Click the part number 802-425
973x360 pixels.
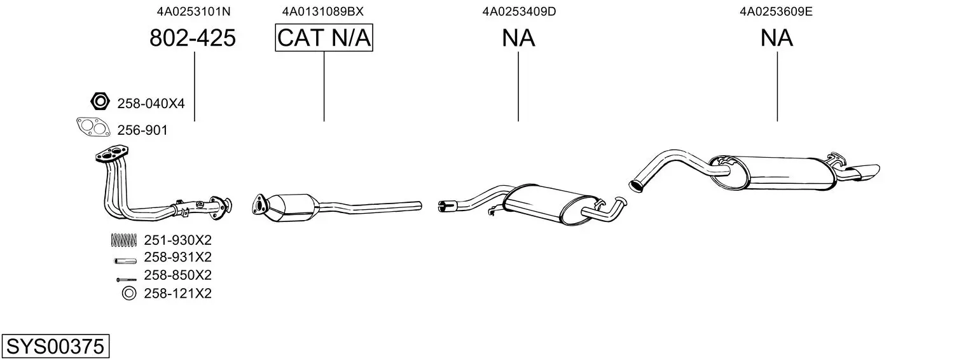tap(193, 39)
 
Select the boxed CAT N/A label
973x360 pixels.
tap(324, 39)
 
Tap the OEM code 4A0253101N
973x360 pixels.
tap(194, 11)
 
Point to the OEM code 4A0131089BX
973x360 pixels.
tap(323, 11)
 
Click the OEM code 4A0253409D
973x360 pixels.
tap(519, 11)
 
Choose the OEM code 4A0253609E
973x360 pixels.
tap(776, 11)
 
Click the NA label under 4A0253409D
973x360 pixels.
tap(518, 39)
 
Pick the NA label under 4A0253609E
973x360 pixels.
tap(776, 39)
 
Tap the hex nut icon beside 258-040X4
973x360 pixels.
tap(99, 101)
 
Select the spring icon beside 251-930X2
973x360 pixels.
tap(124, 240)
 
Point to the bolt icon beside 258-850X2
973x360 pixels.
tap(126, 279)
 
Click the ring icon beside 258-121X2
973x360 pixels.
tap(128, 293)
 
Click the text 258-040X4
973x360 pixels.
tap(151, 103)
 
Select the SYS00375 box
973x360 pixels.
tap(55, 347)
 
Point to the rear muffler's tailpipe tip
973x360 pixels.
tap(865, 170)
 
